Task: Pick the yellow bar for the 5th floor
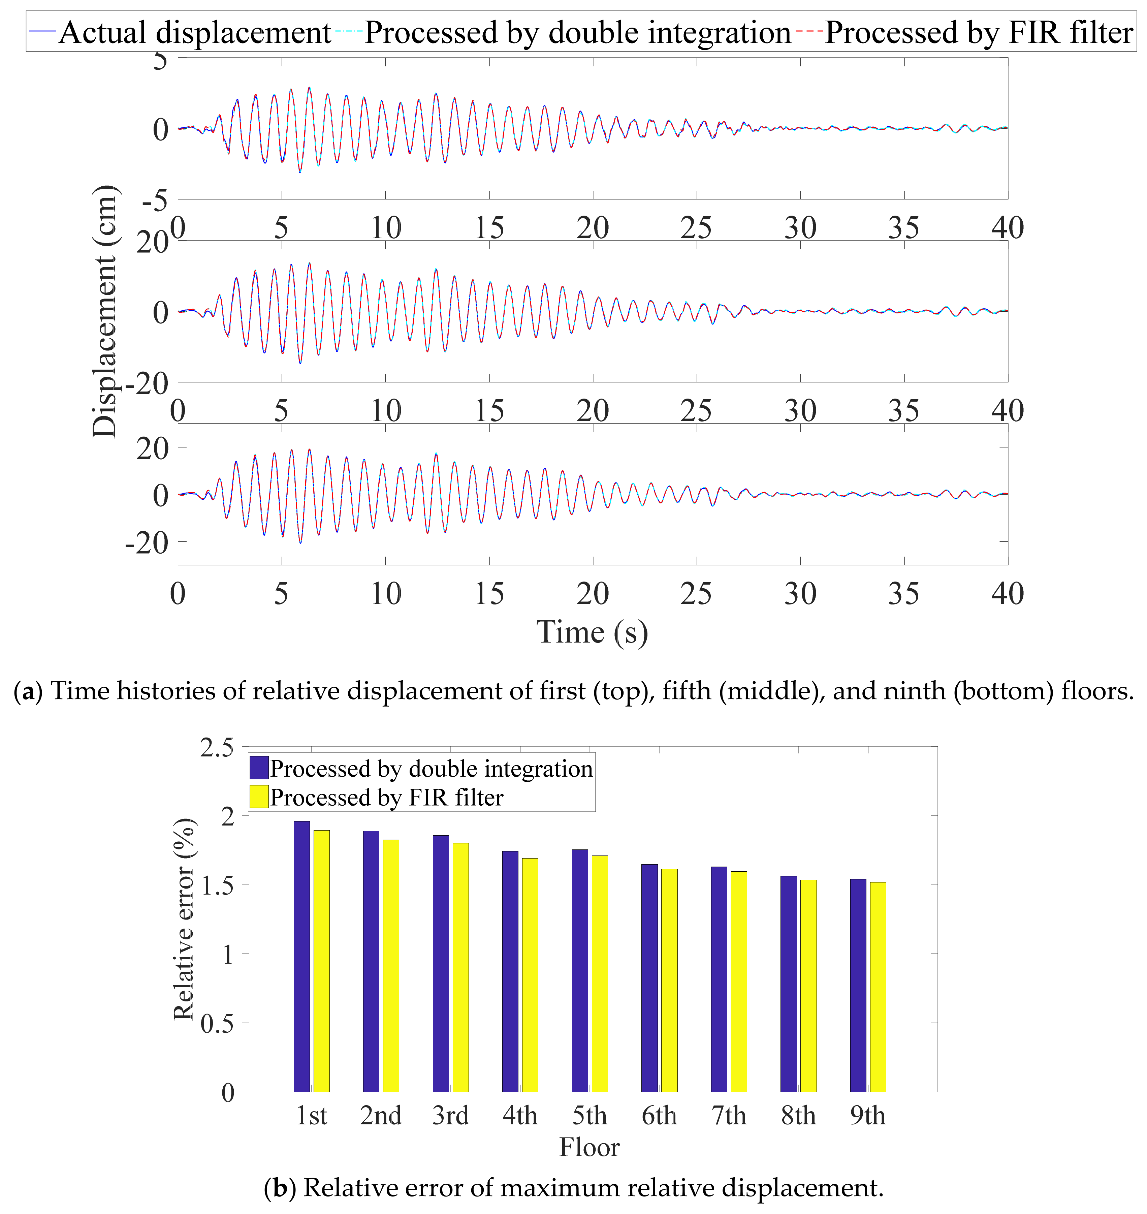600,974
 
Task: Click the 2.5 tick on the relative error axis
217,747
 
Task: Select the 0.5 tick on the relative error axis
217,1023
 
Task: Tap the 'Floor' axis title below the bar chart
590,1147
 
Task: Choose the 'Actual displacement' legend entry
194,32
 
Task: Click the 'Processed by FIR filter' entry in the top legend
978,32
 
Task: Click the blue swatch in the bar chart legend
259,768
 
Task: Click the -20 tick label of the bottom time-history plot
147,542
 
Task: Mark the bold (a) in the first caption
28,691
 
